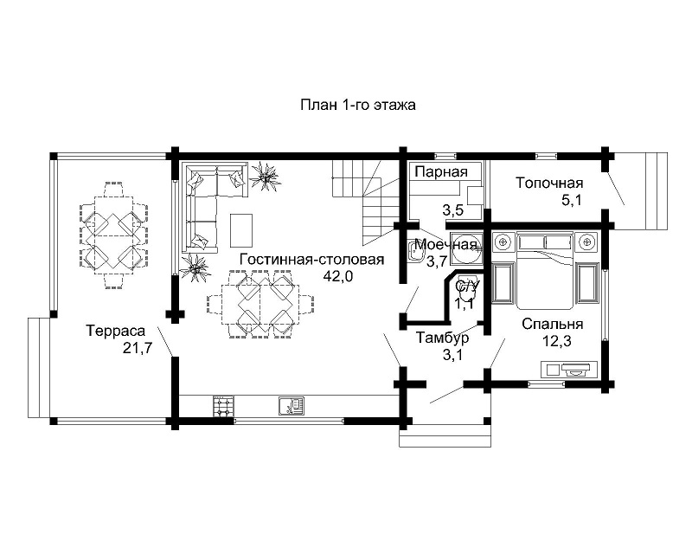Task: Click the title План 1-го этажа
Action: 358,105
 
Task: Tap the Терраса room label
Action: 116,331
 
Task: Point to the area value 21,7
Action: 138,348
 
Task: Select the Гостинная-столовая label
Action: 311,260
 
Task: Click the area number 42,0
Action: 338,276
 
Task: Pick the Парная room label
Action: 441,172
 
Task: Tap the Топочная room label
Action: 549,183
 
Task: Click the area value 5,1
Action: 572,200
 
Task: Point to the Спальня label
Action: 552,324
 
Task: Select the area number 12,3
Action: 556,341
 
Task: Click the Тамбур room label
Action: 443,338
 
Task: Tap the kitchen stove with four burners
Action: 224,406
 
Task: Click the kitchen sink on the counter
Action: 292,406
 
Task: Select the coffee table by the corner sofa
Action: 241,230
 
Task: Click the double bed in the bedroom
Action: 545,271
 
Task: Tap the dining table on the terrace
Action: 114,235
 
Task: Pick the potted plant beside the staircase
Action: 265,177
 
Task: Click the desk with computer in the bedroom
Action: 568,370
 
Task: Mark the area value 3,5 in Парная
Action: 453,210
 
